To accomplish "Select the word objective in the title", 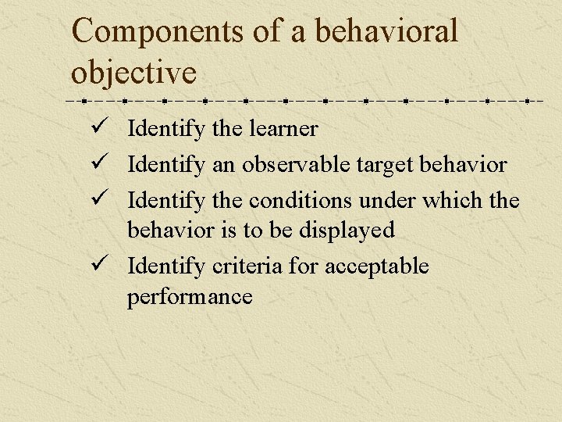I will (x=133, y=73).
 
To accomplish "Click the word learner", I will (x=283, y=128).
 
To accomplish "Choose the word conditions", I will (x=301, y=201).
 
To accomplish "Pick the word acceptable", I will (x=376, y=266).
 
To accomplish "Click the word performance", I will (x=190, y=297).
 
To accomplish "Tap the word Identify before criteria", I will (x=166, y=266).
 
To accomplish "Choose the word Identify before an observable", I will (x=166, y=165).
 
